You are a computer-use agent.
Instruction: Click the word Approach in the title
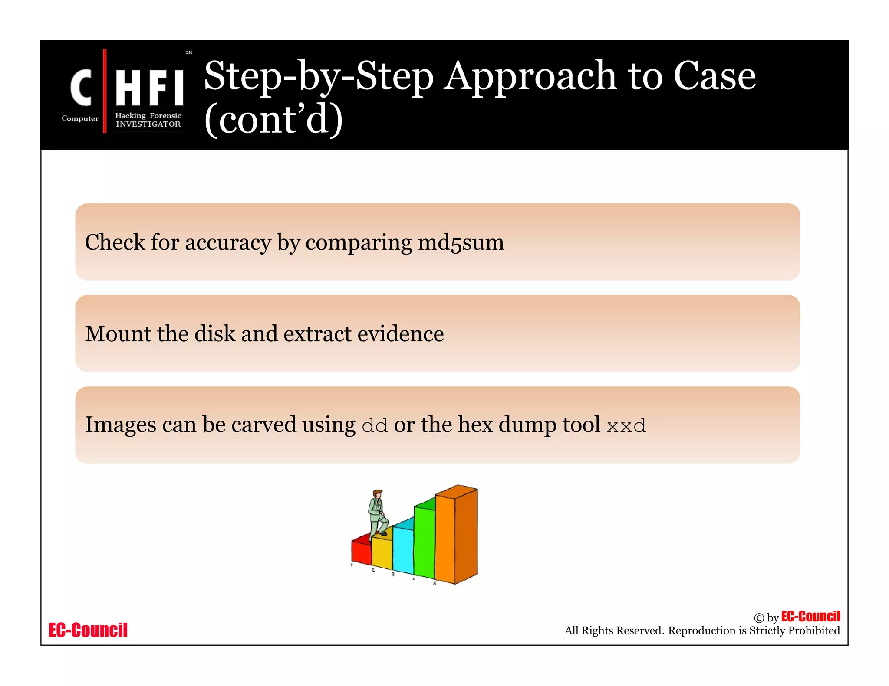coord(530,77)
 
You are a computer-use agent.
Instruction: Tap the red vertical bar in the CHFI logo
coord(105,91)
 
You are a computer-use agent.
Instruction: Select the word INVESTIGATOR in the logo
coord(148,124)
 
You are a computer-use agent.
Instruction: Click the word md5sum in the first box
coord(461,242)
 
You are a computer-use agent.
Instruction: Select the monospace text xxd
coord(626,426)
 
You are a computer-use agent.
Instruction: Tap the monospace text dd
coord(375,426)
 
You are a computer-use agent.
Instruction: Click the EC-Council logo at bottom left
coord(88,630)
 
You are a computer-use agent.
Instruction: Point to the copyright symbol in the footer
coord(759,618)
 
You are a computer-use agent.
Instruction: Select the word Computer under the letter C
coord(80,118)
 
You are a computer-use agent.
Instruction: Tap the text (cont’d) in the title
coord(273,119)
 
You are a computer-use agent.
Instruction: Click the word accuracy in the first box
coord(228,242)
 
